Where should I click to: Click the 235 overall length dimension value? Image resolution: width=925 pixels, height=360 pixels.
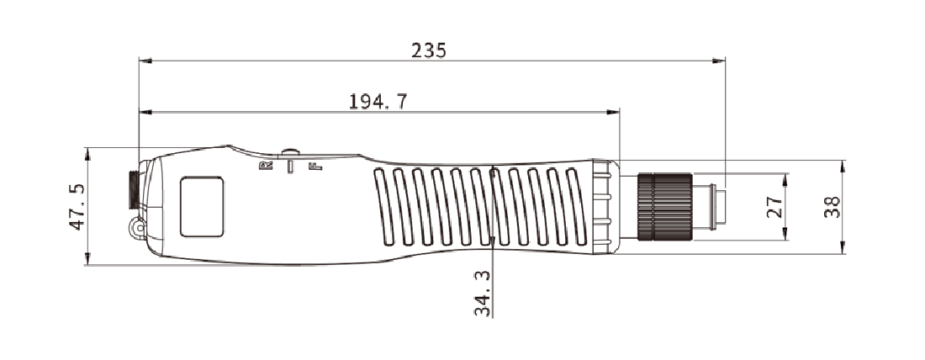429,50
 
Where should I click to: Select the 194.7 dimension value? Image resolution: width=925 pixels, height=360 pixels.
378,102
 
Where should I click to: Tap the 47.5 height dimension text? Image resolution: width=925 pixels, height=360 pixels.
75,207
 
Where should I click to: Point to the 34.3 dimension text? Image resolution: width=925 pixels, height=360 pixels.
482,294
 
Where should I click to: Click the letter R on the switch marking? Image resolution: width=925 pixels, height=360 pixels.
266,166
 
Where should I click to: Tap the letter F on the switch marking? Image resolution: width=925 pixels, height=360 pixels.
315,166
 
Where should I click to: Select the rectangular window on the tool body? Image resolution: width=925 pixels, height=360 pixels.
202,206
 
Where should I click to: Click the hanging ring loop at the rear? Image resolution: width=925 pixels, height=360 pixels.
135,227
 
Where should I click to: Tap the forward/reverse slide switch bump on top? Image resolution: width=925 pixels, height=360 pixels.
290,152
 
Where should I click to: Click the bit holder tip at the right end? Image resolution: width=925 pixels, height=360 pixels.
713,207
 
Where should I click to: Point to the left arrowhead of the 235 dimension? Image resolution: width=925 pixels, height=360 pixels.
145,61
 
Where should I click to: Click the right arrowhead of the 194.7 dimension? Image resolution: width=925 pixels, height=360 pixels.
614,112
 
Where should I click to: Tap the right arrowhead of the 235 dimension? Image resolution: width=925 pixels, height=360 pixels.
719,61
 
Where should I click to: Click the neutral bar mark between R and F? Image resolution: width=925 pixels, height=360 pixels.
290,167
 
